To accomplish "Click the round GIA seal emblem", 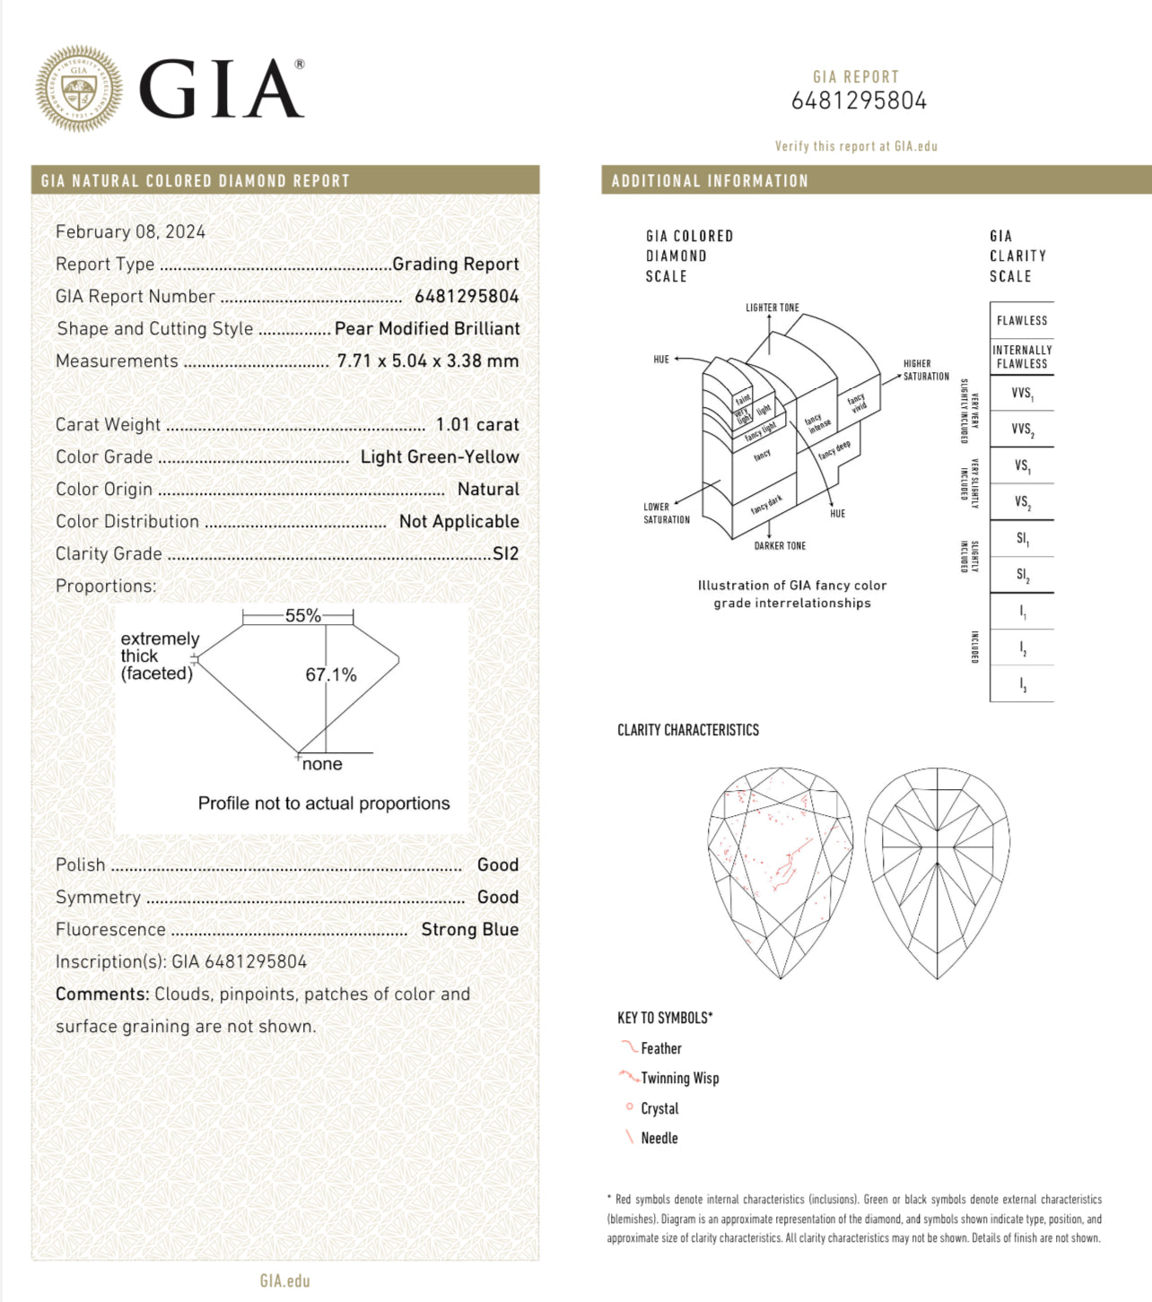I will coord(79,90).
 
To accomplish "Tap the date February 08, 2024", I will coord(130,231).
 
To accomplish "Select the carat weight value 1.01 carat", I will coord(476,424).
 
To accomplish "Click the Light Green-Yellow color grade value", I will coord(440,456).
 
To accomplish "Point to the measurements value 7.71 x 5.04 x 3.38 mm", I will coord(428,360).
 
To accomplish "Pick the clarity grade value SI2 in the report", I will coord(505,553).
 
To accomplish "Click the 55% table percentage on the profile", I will coord(302,615).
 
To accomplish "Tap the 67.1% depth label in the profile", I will coord(331,674).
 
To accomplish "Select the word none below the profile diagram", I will coord(322,764).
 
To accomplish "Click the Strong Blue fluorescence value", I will coord(469,929).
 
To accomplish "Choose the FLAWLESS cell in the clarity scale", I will coord(1022,320).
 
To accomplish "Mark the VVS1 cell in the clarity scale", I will coord(1022,393).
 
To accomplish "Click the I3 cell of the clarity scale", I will coord(1022,684).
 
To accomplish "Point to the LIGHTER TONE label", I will coord(772,308).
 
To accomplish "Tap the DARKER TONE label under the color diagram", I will coord(780,545).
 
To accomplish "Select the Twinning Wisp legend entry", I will coord(679,1078).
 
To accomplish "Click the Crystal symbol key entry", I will coord(659,1108).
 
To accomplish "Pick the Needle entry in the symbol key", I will coord(659,1138).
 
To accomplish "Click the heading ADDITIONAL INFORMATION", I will coord(710,180).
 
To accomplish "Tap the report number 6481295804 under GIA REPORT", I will coord(859,100).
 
